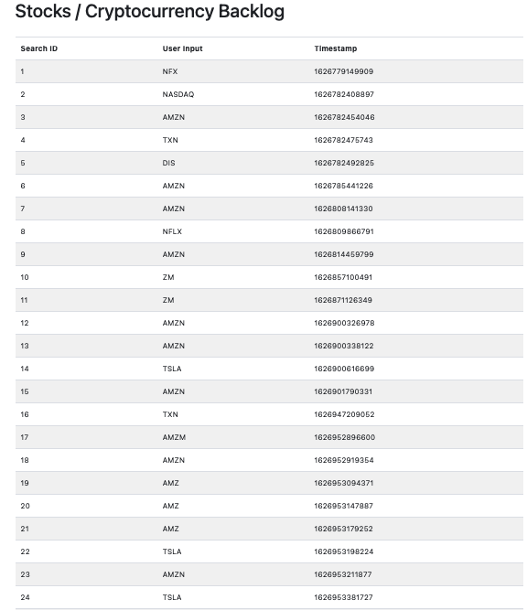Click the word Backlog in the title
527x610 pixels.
247,12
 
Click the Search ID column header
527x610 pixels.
39,48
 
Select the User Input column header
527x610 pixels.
183,48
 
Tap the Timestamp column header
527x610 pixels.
336,48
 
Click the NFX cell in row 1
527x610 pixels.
170,71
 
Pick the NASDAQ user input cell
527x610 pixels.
178,94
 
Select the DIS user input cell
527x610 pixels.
169,163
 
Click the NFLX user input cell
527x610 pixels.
173,231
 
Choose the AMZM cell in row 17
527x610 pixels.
174,437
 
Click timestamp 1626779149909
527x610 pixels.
344,71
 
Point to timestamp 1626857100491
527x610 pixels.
344,277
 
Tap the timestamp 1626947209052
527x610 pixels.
344,414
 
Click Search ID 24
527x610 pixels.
25,597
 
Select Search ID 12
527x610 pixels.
25,323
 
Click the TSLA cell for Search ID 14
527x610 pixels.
172,369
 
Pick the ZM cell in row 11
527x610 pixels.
168,300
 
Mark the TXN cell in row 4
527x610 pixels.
170,140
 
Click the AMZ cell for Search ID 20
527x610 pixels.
171,506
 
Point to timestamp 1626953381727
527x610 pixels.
344,597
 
